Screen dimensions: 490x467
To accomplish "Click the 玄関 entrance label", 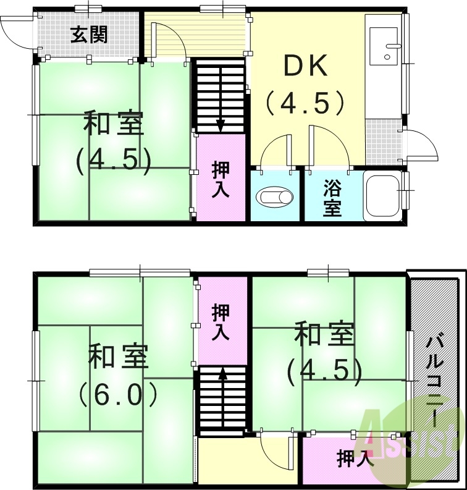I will pyautogui.click(x=88, y=34).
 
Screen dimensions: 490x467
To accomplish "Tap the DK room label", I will pyautogui.click(x=305, y=67).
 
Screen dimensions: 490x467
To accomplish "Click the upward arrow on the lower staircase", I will pyautogui.click(x=222, y=373).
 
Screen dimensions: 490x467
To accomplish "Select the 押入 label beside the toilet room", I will pyautogui.click(x=221, y=179).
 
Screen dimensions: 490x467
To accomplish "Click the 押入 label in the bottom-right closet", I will pyautogui.click(x=355, y=458).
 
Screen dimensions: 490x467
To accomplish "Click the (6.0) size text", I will pyautogui.click(x=119, y=393).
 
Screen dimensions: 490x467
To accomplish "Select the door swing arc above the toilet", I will pyautogui.click(x=274, y=148).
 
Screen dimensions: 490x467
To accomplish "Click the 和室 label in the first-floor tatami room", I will pyautogui.click(x=114, y=124).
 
